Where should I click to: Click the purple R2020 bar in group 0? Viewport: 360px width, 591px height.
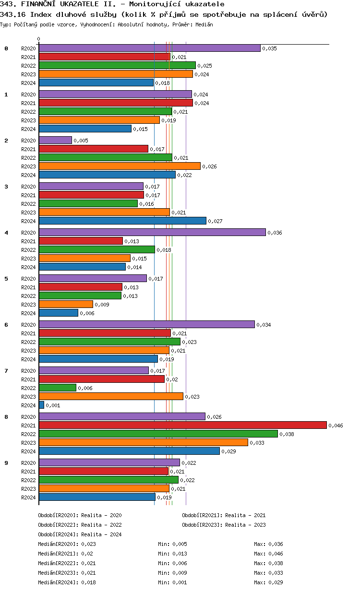click(149, 48)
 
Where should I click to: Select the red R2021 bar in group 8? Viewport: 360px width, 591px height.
click(182, 425)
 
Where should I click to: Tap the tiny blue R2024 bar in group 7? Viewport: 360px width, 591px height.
click(41, 405)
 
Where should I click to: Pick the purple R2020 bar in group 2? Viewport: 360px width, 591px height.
click(55, 140)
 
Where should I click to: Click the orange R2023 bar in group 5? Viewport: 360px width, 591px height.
click(66, 304)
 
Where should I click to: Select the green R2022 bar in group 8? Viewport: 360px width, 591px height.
click(158, 434)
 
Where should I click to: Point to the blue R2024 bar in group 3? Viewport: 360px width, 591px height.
click(122, 221)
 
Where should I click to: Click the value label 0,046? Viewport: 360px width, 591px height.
click(336, 426)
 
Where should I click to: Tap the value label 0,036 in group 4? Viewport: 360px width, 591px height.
click(275, 233)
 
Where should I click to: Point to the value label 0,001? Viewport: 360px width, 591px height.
click(53, 405)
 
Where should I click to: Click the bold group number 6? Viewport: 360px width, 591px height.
click(6, 325)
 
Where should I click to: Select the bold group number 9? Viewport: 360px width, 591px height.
click(6, 463)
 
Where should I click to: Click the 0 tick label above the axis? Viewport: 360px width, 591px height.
click(39, 39)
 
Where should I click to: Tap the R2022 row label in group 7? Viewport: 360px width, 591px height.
click(28, 388)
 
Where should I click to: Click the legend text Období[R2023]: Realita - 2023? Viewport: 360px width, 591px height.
click(224, 525)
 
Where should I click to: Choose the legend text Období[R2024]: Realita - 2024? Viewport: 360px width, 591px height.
click(80, 534)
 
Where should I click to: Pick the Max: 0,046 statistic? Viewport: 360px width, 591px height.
click(268, 554)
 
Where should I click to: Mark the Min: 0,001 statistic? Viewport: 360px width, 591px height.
click(172, 582)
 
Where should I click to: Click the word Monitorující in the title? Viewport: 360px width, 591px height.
click(144, 4)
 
